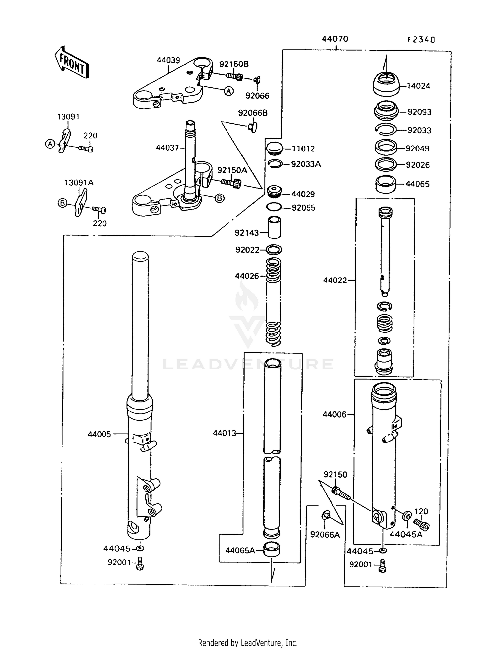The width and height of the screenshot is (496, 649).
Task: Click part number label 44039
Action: [168, 60]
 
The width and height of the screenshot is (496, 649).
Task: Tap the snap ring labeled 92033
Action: [386, 130]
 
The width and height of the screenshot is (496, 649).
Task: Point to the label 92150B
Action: [234, 64]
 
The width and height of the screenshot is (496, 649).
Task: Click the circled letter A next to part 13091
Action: [50, 144]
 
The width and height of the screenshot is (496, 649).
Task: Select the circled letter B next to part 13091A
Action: [62, 203]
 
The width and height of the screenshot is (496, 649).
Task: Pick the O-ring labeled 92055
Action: [274, 207]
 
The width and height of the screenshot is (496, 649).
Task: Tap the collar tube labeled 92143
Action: [274, 227]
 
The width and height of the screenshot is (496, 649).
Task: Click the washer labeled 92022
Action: [274, 250]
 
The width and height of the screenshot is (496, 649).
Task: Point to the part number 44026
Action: [247, 276]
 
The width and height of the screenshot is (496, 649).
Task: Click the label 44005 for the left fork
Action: [99, 434]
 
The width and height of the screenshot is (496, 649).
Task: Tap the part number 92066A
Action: [325, 535]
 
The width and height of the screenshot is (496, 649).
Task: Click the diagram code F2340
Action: [421, 40]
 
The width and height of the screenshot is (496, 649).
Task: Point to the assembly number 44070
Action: [335, 39]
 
